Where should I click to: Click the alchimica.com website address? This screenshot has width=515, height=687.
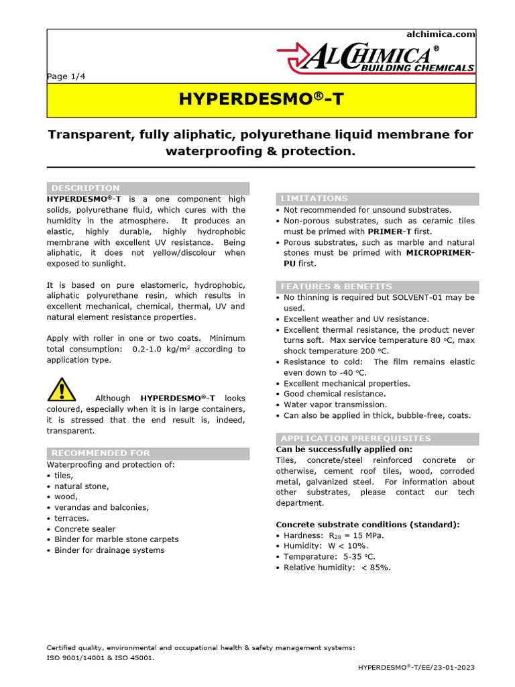coord(441,34)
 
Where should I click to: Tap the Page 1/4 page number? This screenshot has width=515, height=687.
coord(66,76)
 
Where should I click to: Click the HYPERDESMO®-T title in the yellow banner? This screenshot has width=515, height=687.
coord(260,100)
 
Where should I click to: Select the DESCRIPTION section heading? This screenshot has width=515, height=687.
coord(86,188)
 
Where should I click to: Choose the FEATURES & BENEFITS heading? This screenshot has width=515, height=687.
coord(336,286)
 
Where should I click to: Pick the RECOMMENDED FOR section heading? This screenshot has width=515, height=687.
coord(101,453)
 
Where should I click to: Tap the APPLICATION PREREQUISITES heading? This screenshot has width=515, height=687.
coord(355,439)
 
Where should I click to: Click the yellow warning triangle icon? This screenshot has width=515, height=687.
coord(62,389)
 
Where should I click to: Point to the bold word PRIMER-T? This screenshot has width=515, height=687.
coord(389,231)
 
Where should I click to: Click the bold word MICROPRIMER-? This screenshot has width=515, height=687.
coord(440,253)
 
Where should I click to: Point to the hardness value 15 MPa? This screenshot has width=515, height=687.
coord(365,535)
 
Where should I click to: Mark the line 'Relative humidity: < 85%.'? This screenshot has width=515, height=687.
coord(337,568)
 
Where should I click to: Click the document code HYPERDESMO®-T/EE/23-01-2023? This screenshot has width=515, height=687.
coord(416,668)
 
